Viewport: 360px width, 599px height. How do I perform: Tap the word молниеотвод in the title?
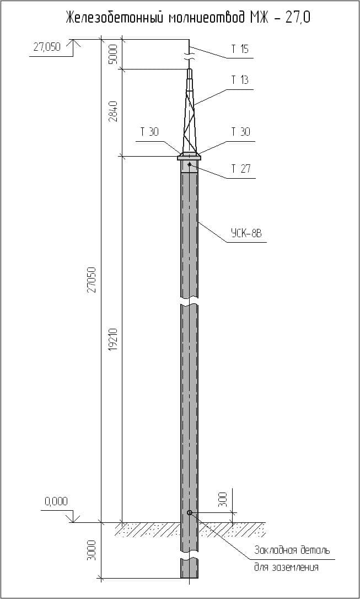207,18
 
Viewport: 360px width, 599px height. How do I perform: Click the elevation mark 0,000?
56,501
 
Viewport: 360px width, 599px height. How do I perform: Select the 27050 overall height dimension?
92,280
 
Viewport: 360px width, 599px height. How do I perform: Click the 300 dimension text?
223,500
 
